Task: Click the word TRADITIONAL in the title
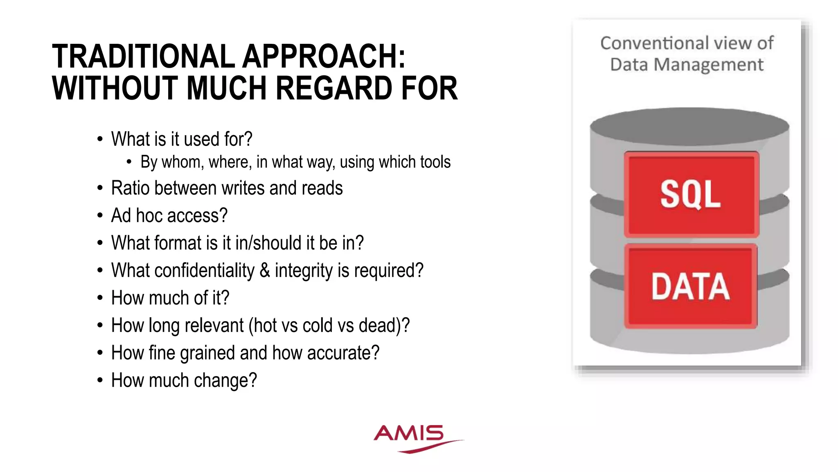tap(143, 56)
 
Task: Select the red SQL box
tap(691, 194)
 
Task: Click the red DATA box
tap(691, 286)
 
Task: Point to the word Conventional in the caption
tap(654, 43)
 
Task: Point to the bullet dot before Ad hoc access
tap(100, 216)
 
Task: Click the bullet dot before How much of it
tap(100, 298)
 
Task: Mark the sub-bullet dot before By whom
tap(129, 162)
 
